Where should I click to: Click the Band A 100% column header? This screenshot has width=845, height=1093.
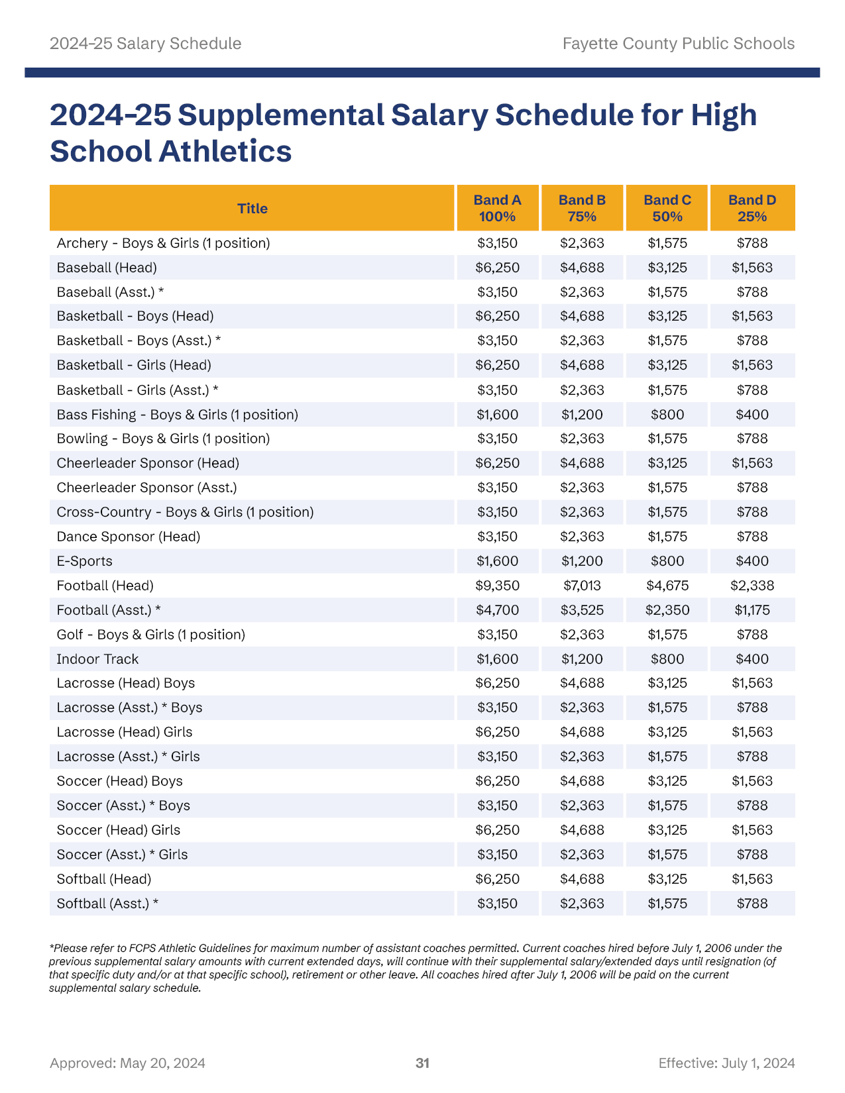coord(497,208)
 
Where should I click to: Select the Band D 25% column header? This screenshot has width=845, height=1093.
coord(752,208)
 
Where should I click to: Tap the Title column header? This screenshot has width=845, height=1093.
coord(253,208)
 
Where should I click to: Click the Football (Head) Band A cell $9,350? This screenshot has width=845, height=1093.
coord(497,586)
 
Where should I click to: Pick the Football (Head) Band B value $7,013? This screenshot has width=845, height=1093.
coord(582,586)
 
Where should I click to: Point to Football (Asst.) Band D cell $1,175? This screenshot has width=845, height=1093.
coord(752,610)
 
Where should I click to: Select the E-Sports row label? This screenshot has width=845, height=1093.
coord(85,561)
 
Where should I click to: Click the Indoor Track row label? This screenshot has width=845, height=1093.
coord(97,659)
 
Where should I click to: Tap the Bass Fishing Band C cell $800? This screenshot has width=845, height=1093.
coord(667,415)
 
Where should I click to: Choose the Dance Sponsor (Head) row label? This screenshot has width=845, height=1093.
coord(129,537)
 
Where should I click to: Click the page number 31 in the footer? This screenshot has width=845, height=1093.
coord(422,1063)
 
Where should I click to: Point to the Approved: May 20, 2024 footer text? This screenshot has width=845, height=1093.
coord(127,1063)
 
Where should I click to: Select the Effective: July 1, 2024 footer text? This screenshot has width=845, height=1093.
coord(726,1063)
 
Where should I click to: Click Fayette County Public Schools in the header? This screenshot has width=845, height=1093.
coord(678,44)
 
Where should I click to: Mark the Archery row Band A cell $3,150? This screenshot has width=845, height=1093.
coord(497,243)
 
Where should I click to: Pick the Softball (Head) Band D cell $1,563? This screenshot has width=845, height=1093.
coord(752,879)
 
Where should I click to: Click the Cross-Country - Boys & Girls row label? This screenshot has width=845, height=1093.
coord(185,512)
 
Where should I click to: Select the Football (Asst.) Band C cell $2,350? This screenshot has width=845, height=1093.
coord(667,610)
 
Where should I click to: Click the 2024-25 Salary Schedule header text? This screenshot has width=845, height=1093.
coord(145,44)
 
